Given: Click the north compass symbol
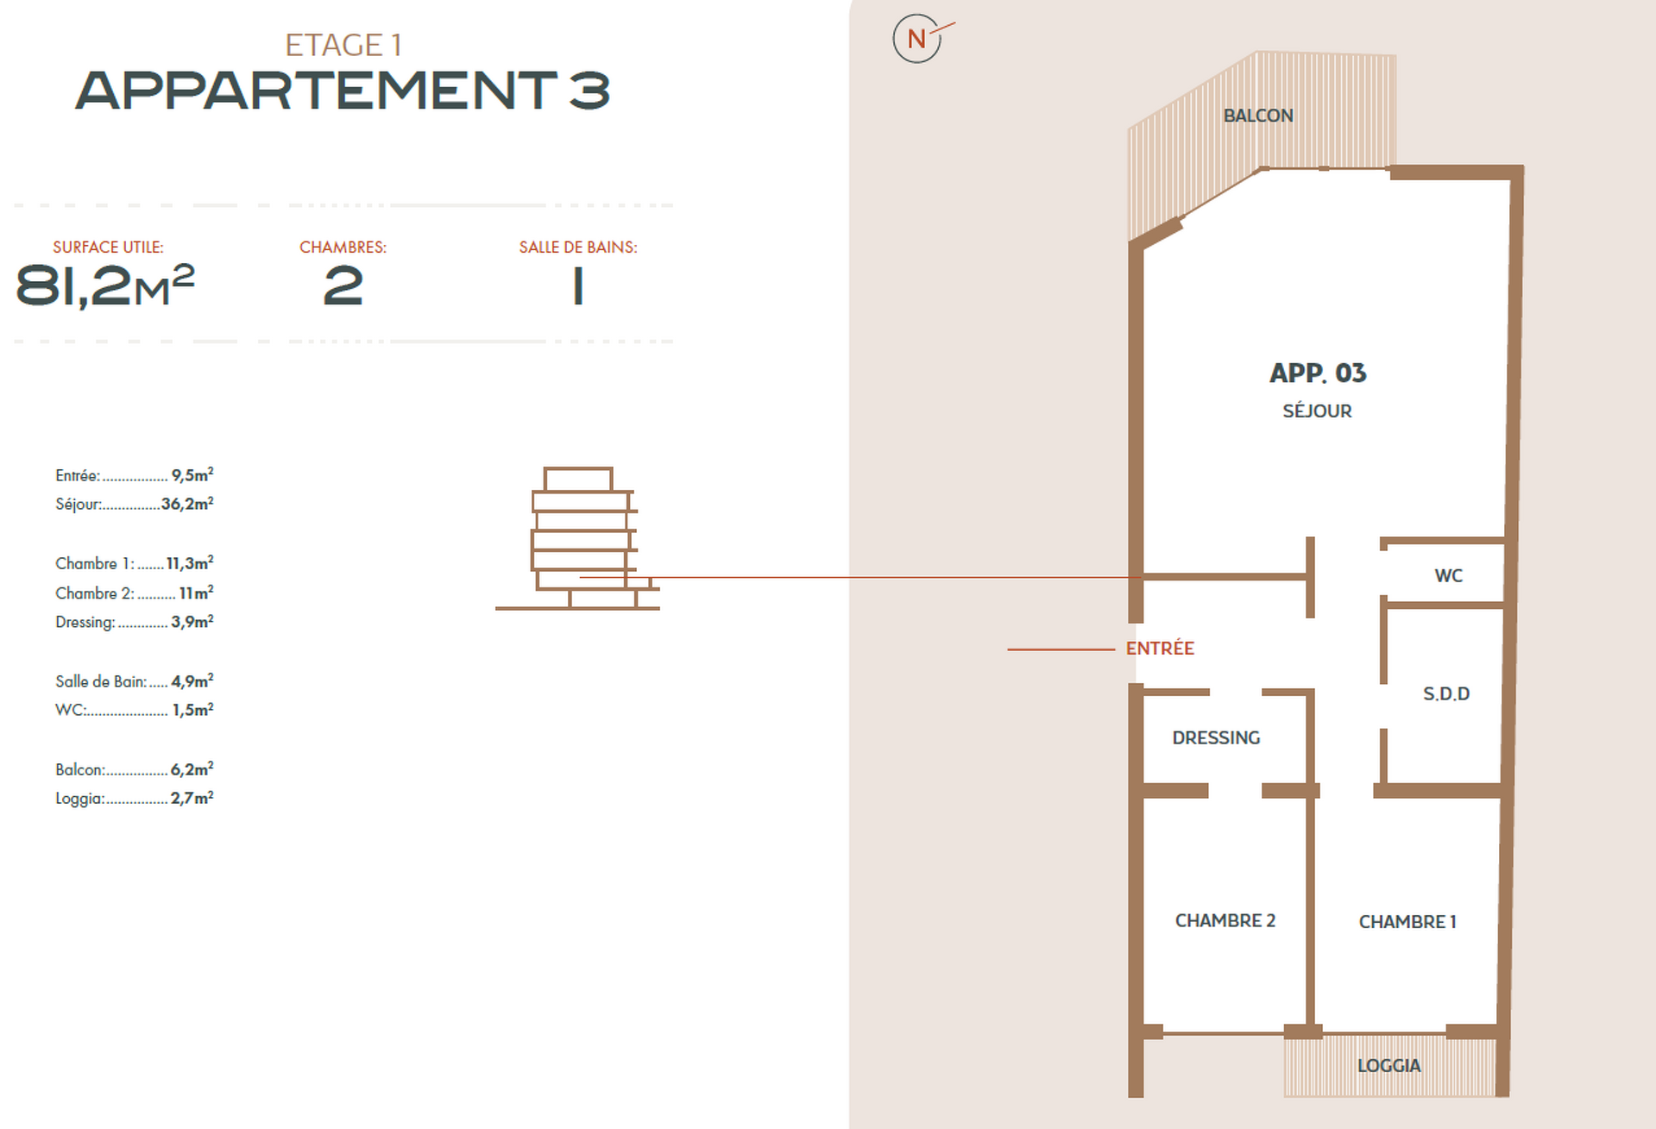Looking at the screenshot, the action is point(917,39).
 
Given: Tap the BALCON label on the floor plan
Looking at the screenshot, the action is point(1258,116).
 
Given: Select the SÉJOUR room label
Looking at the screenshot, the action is point(1317,411).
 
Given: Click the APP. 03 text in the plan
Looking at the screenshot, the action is point(1318,373).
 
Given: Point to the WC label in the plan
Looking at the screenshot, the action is point(1448,575).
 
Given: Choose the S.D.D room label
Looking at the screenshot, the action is point(1446,693).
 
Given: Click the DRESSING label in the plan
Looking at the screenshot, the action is point(1216,737).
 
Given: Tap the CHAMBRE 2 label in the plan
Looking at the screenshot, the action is point(1225,920).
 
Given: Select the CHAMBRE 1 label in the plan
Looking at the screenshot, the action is point(1407,922).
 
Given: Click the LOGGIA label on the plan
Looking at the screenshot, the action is point(1388,1065).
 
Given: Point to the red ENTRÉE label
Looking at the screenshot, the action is point(1160,649).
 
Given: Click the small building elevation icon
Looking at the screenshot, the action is point(577,538).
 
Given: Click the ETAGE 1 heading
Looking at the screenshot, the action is point(343,45).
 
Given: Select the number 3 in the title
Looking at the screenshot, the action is point(589,91).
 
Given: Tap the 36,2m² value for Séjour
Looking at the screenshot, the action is point(187,504).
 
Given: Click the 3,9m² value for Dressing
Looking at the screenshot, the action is point(192,622).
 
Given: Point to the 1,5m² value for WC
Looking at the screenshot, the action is point(192,710).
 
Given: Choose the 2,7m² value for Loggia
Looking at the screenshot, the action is point(192,798).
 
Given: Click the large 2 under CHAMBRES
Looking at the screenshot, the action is point(343,286).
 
